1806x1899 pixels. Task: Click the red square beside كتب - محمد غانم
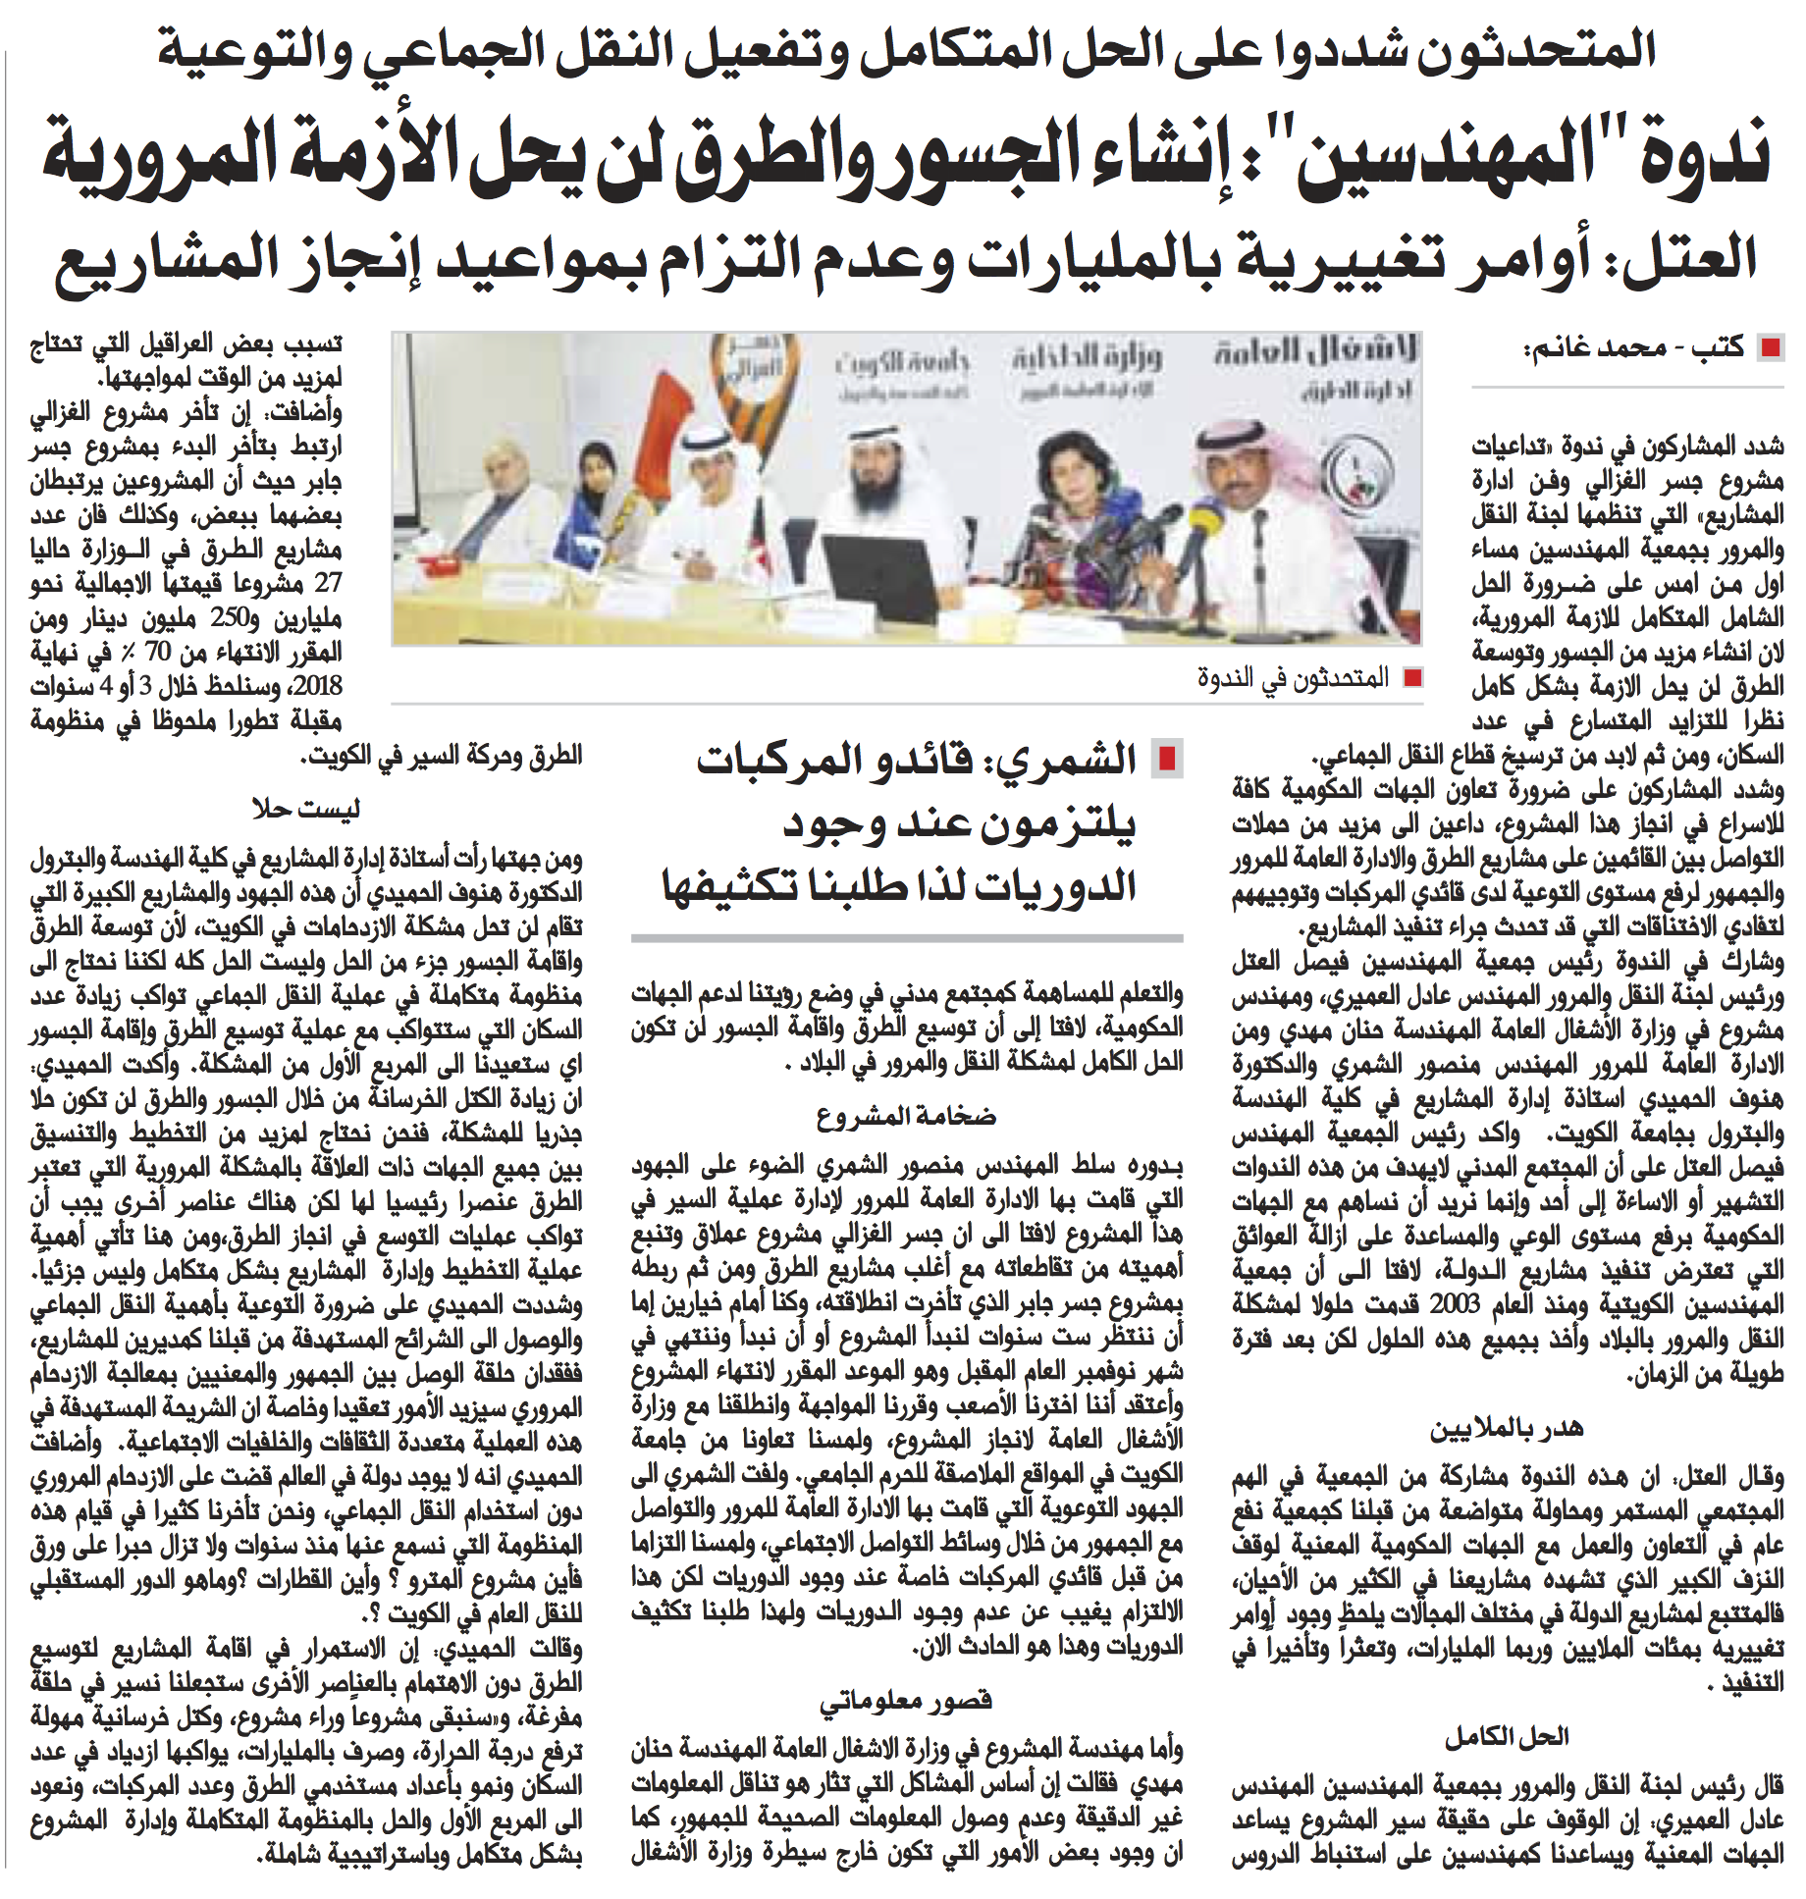1771,347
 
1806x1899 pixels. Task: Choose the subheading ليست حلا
305,809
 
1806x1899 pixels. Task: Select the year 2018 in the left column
316,686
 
